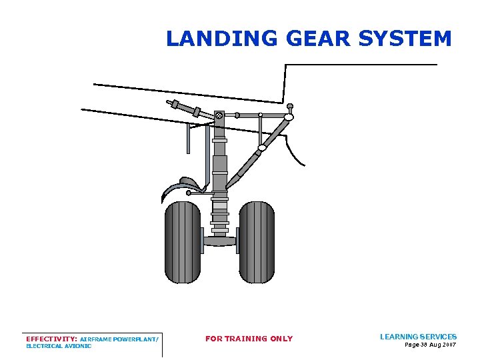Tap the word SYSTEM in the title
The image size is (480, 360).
point(405,39)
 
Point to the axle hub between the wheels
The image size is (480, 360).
point(219,241)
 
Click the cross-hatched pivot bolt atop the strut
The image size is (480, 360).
point(219,115)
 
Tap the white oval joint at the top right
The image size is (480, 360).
point(289,118)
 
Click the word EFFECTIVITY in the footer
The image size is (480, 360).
point(51,339)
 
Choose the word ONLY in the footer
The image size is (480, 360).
point(281,339)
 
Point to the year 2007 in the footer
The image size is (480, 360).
point(449,345)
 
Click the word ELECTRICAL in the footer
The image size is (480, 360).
point(42,347)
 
